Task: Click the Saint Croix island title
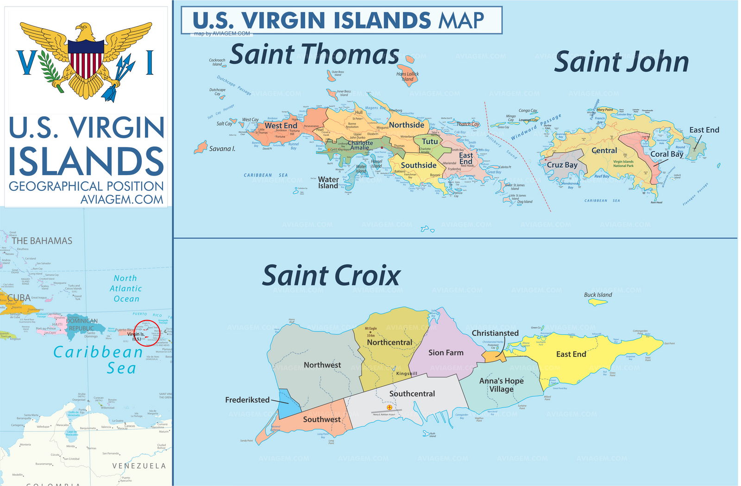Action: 331,276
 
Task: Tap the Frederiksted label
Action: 247,400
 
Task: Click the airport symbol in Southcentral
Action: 389,407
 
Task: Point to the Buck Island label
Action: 598,295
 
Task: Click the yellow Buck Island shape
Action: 597,302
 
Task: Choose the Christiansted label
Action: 495,333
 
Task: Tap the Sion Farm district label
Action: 446,353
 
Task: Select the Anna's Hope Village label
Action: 501,385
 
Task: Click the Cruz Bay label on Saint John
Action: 562,165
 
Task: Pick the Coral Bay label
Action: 666,154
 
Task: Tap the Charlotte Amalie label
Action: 360,145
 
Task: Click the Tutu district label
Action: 430,141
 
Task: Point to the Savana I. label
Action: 222,149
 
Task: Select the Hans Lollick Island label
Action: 408,76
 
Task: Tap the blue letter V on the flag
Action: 26,63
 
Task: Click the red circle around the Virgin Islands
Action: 147,333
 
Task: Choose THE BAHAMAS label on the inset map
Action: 42,241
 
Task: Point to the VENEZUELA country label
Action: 139,466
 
